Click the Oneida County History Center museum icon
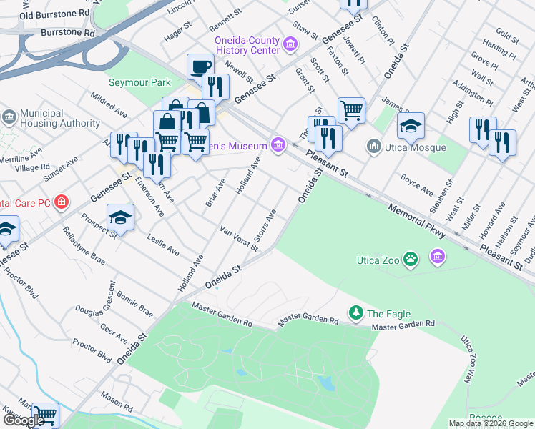tap(290, 45)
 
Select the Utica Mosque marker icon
tap(373, 147)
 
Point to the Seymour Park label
tap(139, 82)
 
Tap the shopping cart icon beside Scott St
tap(351, 110)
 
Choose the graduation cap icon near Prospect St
tap(120, 217)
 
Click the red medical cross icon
tap(62, 202)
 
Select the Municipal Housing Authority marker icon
tap(9, 117)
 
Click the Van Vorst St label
tap(240, 238)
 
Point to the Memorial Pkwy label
tap(417, 222)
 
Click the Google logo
tap(24, 421)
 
